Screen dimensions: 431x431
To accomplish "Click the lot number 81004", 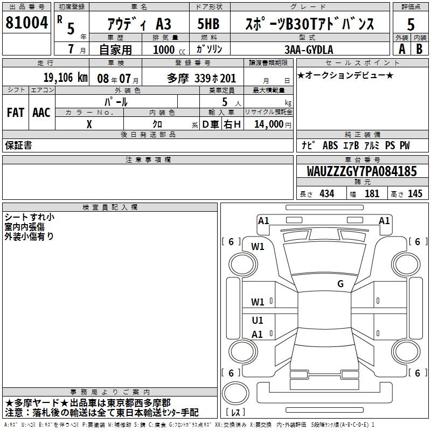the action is point(26,22).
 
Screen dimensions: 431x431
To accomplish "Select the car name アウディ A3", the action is point(139,24).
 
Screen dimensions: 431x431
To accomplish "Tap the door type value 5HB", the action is point(208,24).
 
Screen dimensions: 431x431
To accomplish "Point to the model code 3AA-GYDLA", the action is point(309,50).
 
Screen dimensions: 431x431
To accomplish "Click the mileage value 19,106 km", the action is point(65,78).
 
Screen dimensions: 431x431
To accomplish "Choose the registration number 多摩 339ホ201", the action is point(201,78).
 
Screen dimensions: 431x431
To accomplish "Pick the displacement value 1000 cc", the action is point(169,50).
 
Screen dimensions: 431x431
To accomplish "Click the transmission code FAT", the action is point(16,113).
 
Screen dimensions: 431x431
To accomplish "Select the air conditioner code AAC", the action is point(41,113).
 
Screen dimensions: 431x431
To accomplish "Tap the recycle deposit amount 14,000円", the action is point(273,124).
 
